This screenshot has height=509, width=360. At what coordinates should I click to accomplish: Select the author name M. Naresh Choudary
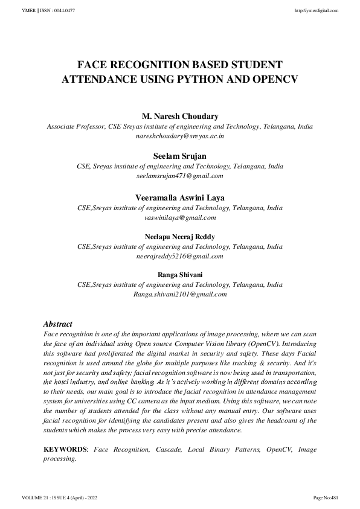point(179,116)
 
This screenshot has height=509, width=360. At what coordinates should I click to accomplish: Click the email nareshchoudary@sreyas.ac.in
point(179,136)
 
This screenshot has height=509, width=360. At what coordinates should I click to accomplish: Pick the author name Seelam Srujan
point(179,156)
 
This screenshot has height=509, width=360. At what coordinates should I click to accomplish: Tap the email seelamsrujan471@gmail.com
point(179,176)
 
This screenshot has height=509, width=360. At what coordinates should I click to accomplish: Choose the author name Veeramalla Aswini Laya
point(179,196)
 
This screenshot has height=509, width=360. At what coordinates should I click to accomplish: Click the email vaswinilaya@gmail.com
point(179,217)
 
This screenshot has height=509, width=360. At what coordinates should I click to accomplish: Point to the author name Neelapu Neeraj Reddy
point(179,236)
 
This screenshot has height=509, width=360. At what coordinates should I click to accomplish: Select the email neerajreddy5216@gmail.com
point(179,256)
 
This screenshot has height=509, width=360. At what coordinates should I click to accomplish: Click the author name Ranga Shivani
point(179,275)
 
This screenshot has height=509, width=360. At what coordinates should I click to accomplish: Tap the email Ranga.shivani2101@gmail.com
point(179,295)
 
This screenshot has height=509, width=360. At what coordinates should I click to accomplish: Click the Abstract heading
point(58,324)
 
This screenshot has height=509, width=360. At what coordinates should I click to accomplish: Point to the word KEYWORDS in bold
point(65,450)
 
